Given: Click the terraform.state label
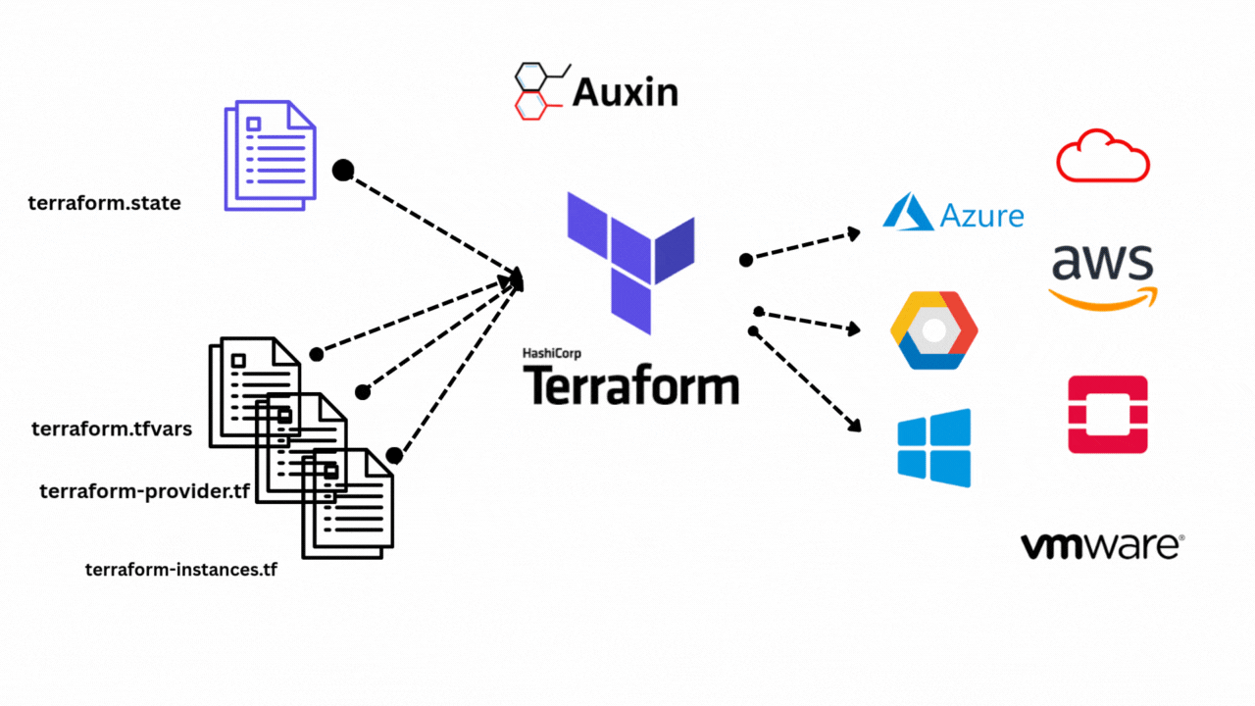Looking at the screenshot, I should [105, 204].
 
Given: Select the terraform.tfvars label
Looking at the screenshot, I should [112, 429].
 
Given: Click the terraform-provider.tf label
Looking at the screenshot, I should [144, 491].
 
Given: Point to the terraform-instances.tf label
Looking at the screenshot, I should [181, 569].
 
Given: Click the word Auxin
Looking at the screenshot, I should [625, 92].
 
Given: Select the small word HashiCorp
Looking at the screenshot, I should [555, 353].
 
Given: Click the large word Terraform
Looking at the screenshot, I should [630, 385].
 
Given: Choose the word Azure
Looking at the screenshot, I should [981, 216].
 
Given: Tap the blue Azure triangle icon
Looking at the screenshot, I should [908, 212].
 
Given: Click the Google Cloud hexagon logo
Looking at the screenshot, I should [933, 329].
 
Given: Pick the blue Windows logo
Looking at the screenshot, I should [934, 447].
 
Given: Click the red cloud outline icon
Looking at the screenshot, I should [1103, 156].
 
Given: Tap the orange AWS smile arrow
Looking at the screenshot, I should [1103, 296].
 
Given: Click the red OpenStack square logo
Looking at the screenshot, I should [1108, 414].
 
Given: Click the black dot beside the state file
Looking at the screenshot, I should [342, 171].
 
